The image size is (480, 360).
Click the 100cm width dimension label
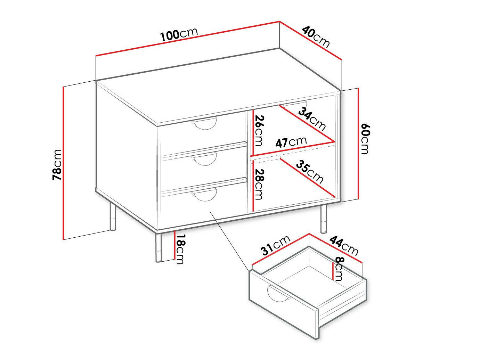pos(179,34)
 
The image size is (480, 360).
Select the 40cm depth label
pos(316,37)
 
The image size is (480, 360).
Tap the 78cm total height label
pos(57,165)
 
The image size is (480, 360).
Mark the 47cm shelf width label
pos(291,142)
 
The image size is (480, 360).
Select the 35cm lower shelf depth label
pos(310,172)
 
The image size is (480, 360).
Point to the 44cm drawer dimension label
pos(344,246)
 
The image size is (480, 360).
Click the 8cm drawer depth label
pos(338,269)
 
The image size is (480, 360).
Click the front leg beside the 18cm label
pos(158,248)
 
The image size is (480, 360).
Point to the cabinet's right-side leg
pos(324,219)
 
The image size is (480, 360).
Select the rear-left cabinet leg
pos(112,216)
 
